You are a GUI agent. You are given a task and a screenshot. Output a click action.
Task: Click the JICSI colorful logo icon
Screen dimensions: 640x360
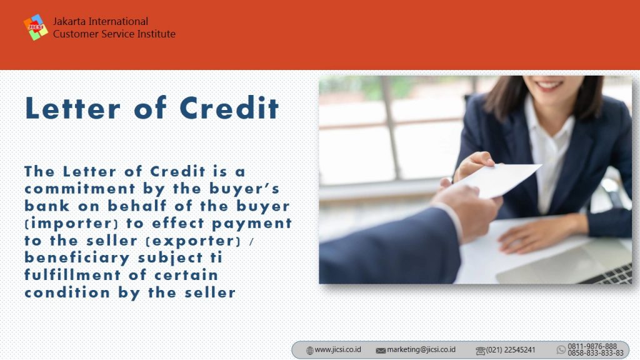pyautogui.click(x=36, y=27)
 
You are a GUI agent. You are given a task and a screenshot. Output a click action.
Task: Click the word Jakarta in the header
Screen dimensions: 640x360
pyautogui.click(x=69, y=21)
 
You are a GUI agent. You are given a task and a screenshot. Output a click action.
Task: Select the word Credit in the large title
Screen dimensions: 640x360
pyautogui.click(x=229, y=108)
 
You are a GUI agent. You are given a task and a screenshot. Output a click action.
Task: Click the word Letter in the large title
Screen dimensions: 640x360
pyautogui.click(x=72, y=108)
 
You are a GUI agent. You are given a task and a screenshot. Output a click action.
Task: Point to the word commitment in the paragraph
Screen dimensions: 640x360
pyautogui.click(x=80, y=189)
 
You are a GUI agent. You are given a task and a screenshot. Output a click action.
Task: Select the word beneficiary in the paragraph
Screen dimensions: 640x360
pyautogui.click(x=77, y=258)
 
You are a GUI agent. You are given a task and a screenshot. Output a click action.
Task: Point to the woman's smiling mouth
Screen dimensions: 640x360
pyautogui.click(x=549, y=85)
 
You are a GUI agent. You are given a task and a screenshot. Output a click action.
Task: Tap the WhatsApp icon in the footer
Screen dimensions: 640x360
pyautogui.click(x=561, y=350)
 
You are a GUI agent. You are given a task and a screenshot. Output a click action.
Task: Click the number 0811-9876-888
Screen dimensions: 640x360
pyautogui.click(x=592, y=346)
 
